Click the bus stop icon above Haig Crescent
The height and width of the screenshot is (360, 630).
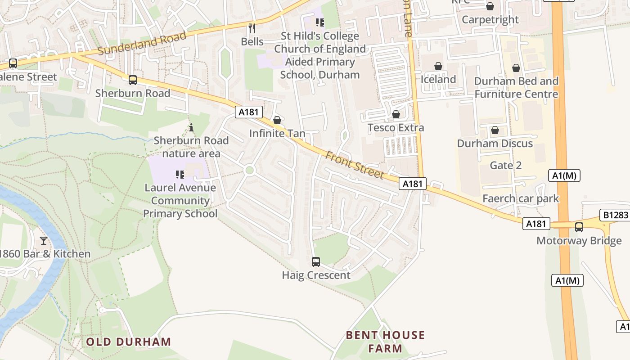(x=316, y=261)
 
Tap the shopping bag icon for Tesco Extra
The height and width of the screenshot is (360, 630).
(x=396, y=114)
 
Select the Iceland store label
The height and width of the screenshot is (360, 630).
(x=438, y=80)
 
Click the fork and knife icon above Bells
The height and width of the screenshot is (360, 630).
(x=252, y=28)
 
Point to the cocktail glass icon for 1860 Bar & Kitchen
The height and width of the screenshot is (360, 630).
(x=44, y=241)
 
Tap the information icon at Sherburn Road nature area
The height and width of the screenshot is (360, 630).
(x=191, y=127)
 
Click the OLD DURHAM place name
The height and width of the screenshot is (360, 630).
(x=129, y=342)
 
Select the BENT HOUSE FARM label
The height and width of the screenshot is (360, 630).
(x=385, y=342)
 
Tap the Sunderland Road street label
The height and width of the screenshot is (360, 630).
(x=142, y=44)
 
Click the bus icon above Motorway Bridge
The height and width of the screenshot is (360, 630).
(x=579, y=227)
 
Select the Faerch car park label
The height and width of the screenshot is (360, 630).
(x=521, y=198)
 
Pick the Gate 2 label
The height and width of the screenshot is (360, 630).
(x=506, y=165)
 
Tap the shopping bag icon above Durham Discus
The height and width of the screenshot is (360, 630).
(x=495, y=130)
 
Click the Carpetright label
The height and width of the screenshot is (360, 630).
(x=490, y=20)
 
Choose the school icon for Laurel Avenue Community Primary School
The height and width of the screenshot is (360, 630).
(x=180, y=174)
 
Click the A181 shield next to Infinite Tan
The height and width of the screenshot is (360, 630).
(x=248, y=112)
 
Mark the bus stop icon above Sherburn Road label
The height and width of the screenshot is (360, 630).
(x=133, y=80)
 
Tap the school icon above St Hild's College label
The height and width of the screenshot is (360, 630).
(x=320, y=22)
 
